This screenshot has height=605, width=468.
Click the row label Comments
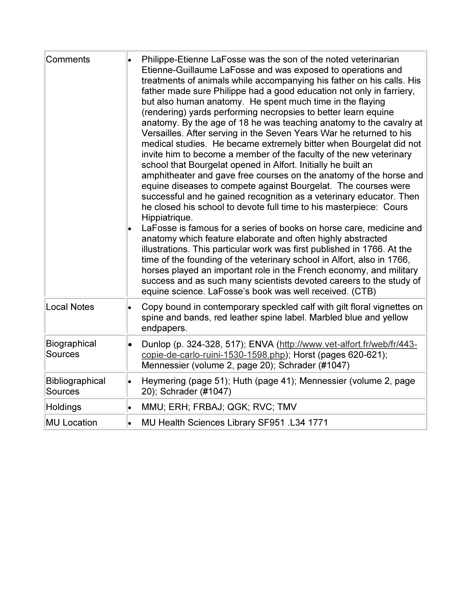pos(68,60)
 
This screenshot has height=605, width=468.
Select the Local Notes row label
pos(70,307)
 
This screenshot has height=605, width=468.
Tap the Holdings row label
pos(64,407)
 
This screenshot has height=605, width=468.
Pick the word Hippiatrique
pos(167,218)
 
